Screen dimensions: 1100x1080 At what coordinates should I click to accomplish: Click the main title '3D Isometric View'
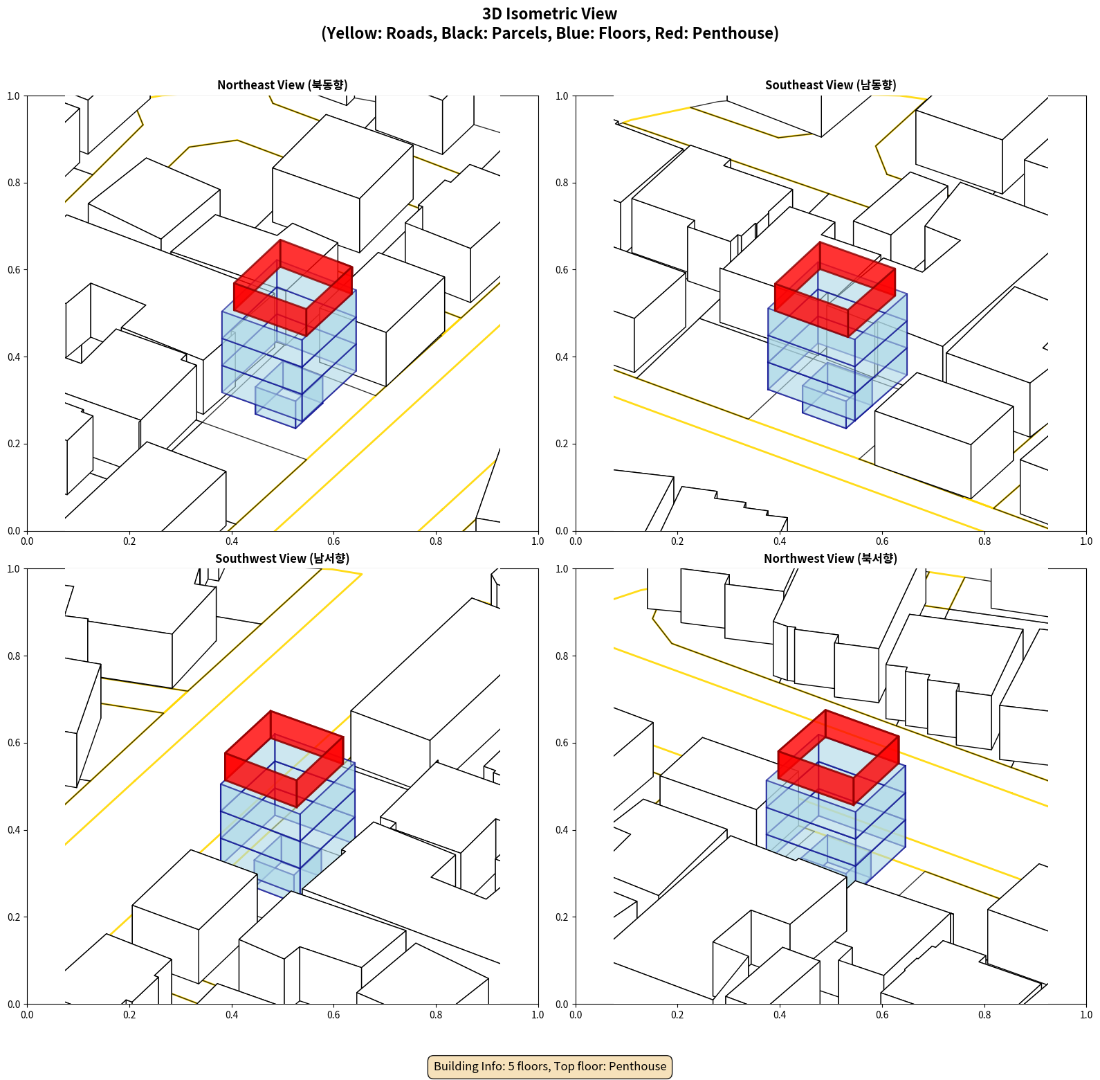click(549, 14)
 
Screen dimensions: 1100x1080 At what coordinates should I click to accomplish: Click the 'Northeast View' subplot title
click(282, 85)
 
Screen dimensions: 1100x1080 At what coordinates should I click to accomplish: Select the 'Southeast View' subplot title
click(830, 85)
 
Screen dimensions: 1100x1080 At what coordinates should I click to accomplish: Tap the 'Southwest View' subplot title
click(282, 559)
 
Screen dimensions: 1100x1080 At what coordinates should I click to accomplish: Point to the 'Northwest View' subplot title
click(830, 559)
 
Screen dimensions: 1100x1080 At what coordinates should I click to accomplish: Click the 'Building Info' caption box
click(550, 1066)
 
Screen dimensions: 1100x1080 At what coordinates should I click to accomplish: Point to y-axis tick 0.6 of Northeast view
click(14, 270)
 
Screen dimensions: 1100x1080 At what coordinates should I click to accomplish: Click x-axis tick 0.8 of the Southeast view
click(984, 541)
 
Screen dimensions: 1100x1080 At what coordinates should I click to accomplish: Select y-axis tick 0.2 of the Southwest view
click(14, 917)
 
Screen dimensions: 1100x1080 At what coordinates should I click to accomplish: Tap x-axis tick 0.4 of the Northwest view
click(780, 1015)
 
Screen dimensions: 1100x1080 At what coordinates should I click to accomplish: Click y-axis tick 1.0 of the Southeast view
click(562, 96)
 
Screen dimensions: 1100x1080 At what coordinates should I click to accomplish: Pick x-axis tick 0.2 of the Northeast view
click(129, 541)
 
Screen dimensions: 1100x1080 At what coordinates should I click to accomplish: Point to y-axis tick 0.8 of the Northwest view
click(562, 656)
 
